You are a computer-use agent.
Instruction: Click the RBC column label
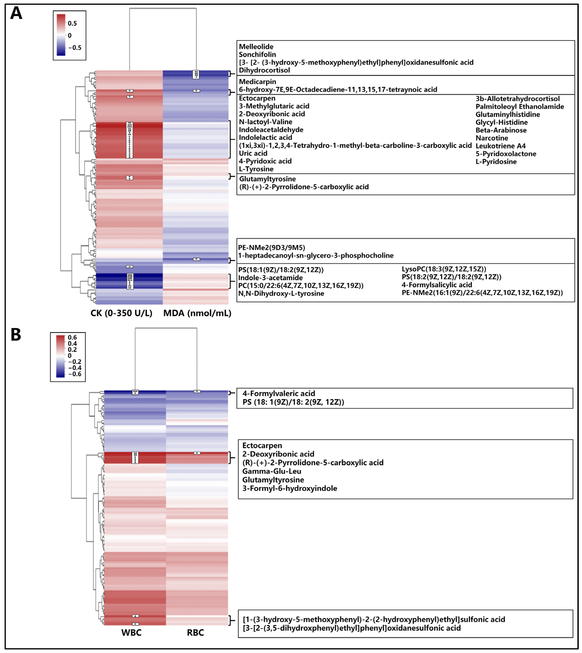click(x=195, y=633)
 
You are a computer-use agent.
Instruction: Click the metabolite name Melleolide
click(x=256, y=47)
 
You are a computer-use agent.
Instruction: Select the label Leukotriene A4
click(x=501, y=146)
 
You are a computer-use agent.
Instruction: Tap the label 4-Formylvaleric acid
click(x=278, y=394)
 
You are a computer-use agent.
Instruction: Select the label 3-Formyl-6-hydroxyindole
click(x=289, y=488)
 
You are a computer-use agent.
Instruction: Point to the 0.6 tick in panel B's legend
click(x=72, y=337)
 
